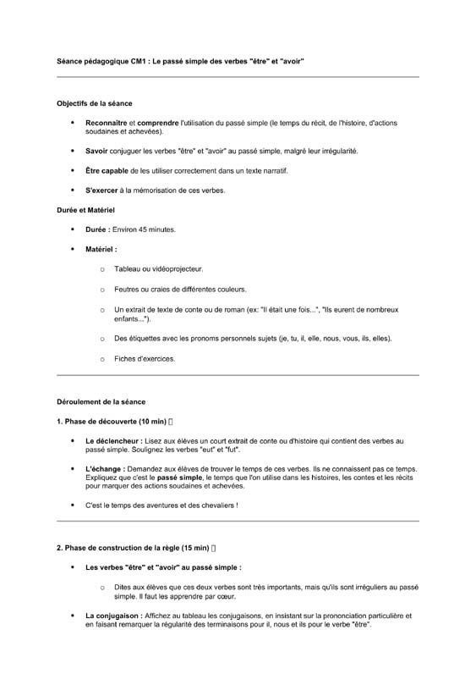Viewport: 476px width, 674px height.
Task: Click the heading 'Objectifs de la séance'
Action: coord(94,103)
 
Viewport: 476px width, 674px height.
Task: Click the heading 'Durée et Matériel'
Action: coord(85,209)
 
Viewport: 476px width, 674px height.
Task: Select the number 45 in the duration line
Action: coord(144,229)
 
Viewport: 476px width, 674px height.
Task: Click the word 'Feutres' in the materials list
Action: coord(127,290)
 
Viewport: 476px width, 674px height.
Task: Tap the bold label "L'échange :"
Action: coord(105,468)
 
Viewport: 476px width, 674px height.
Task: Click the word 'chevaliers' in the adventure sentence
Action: coord(217,505)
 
